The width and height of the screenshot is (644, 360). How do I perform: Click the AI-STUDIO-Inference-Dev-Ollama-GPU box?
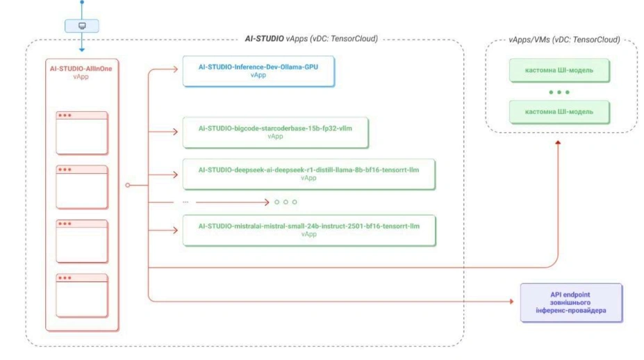[258, 72]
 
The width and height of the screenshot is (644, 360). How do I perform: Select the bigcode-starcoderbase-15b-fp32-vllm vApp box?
[275, 132]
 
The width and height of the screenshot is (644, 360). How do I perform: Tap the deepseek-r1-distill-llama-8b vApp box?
[308, 173]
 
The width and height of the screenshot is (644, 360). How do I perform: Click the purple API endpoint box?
[570, 302]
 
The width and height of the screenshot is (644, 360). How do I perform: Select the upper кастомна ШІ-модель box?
[559, 70]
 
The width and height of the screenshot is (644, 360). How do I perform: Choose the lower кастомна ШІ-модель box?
[559, 111]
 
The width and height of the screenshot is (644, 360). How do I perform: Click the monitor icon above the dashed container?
[82, 26]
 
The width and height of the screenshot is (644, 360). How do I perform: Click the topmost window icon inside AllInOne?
[82, 133]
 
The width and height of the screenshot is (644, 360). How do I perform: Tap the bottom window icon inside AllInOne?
[82, 295]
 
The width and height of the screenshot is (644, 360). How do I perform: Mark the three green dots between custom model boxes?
[559, 92]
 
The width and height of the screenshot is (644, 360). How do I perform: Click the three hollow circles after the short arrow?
[286, 202]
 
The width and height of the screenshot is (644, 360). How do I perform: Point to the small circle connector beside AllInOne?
[127, 185]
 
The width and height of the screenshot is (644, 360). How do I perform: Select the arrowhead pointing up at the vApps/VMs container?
[559, 143]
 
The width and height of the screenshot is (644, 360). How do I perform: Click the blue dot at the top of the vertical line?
[82, 2]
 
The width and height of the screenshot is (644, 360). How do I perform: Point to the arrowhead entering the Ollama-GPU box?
[177, 69]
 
